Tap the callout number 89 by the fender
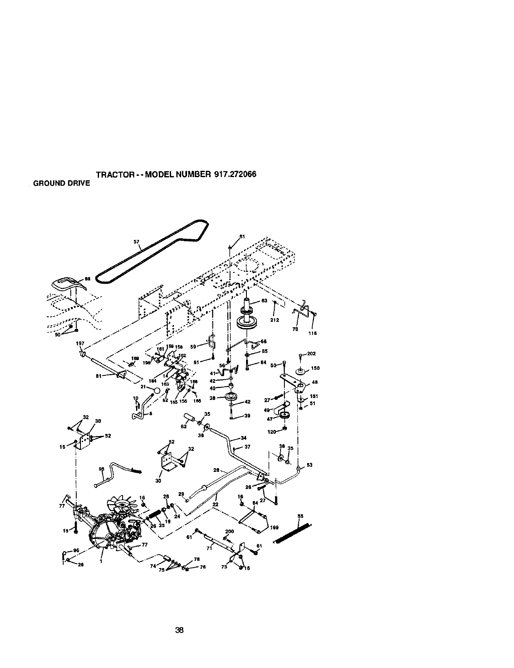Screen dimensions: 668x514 pyautogui.click(x=88, y=278)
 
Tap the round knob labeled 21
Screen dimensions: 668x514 pyautogui.click(x=157, y=390)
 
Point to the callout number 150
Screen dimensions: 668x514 pyautogui.click(x=315, y=368)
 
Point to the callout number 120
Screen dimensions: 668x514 pyautogui.click(x=271, y=432)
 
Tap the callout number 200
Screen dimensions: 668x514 pyautogui.click(x=229, y=532)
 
